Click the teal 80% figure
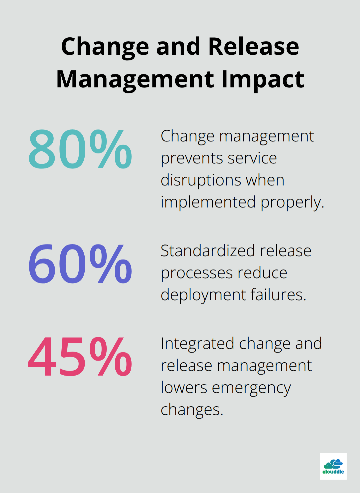tap(80, 149)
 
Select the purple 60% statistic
tap(80, 264)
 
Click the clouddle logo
tap(333, 466)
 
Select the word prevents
tap(186, 158)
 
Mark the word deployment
tap(203, 295)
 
